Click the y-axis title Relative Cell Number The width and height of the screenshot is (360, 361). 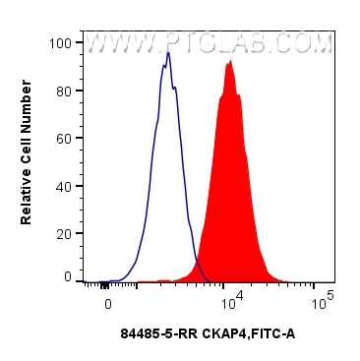click(x=27, y=160)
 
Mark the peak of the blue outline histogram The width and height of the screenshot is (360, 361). click(x=168, y=53)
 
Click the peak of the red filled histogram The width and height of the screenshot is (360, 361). click(x=229, y=62)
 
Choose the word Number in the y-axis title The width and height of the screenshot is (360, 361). click(x=27, y=122)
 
